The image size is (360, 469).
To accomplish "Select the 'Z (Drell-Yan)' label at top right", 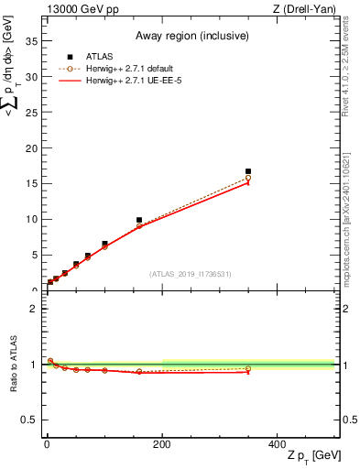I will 308,9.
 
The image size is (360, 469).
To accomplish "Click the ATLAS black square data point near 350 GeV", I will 248,171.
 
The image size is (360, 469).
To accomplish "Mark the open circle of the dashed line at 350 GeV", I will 248,178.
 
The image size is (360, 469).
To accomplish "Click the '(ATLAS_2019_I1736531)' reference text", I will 191,274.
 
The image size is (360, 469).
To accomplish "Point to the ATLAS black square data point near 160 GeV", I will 139,220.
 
